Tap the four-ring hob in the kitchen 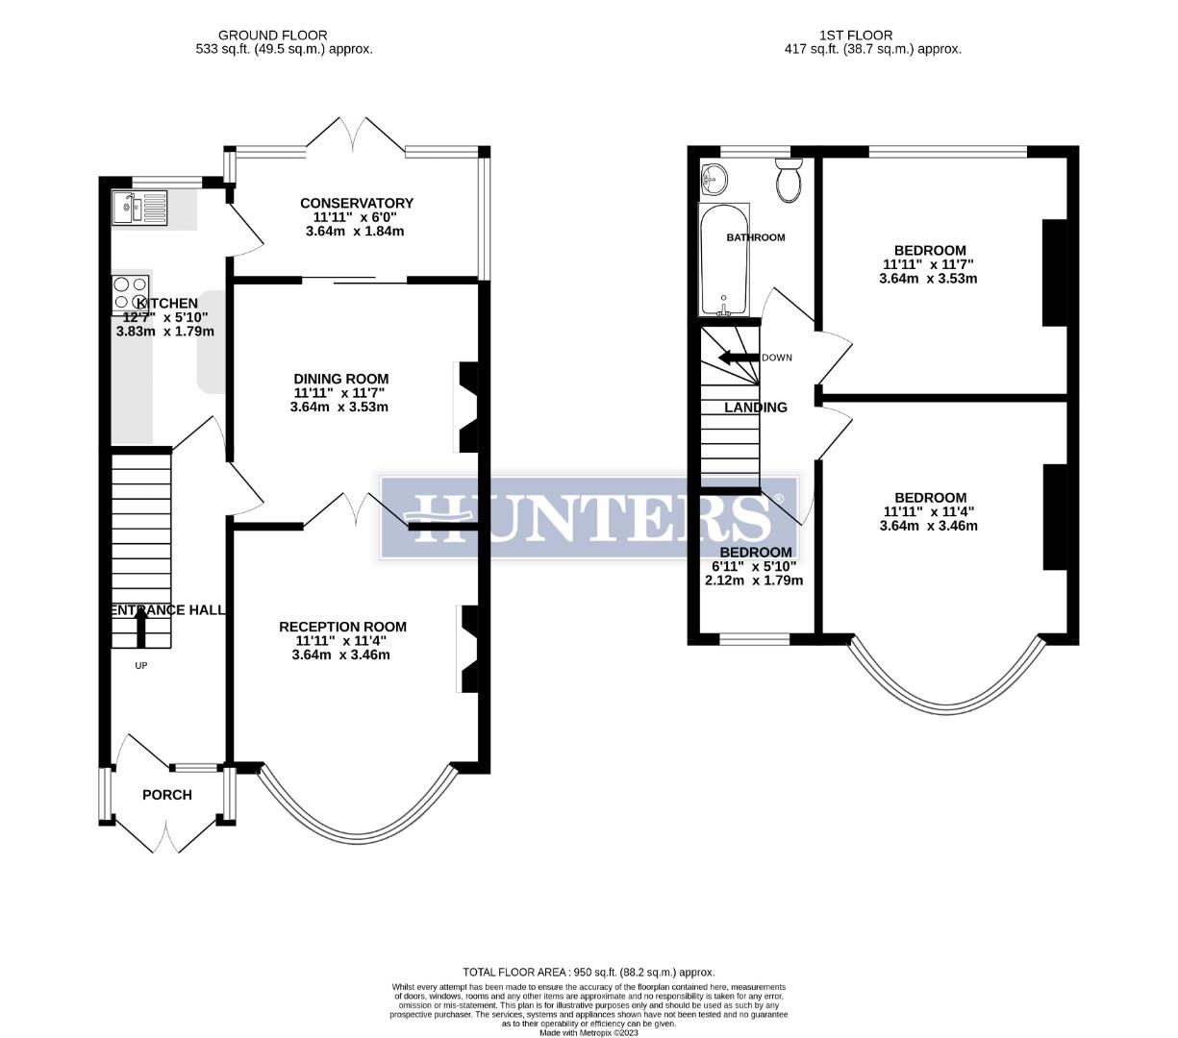coord(131,290)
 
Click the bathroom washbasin coord(714,177)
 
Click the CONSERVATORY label coord(357,203)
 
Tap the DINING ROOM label coord(341,379)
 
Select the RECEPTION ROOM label coord(342,627)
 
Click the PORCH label coord(166,795)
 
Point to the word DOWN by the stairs coord(777,358)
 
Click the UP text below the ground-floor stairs coord(140,665)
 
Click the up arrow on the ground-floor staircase coord(140,629)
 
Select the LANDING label coord(755,408)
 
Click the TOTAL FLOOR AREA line coord(589,972)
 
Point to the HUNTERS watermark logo coord(589,517)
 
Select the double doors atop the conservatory coord(357,135)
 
